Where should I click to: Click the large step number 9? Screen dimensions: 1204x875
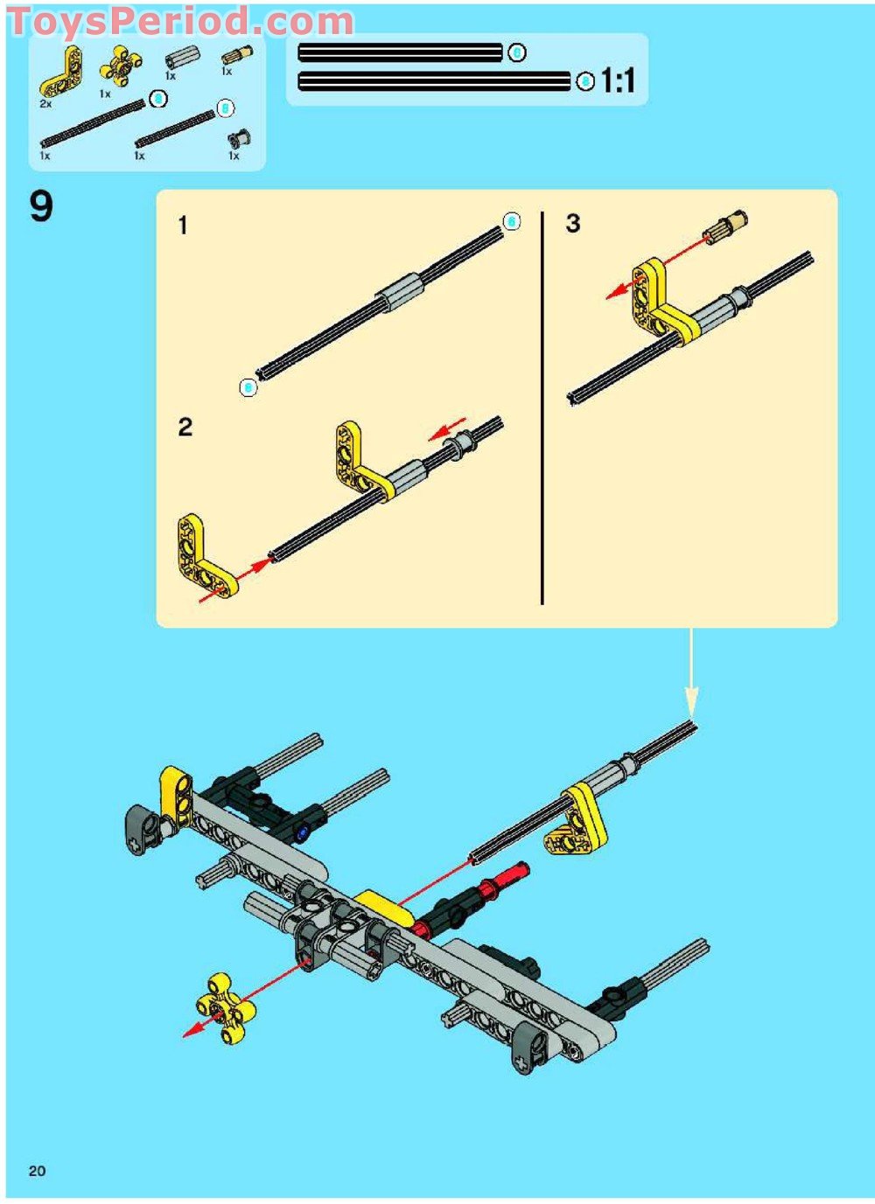[41, 207]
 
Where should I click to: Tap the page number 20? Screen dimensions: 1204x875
[37, 1171]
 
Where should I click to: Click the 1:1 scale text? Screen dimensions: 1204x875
[618, 81]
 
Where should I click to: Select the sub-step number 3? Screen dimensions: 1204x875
[573, 224]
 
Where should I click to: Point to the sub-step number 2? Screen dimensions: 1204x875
[185, 427]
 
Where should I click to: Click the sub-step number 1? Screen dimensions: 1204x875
[183, 226]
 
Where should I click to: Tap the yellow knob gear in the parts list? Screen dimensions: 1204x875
[120, 66]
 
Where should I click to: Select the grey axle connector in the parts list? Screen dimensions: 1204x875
[180, 59]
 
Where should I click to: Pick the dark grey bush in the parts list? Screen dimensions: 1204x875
[238, 138]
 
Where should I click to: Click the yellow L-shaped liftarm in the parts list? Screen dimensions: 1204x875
[61, 73]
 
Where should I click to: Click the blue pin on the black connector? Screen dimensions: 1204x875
[302, 832]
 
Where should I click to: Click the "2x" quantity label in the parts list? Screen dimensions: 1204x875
[45, 104]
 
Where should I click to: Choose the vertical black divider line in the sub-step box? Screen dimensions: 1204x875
[542, 407]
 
